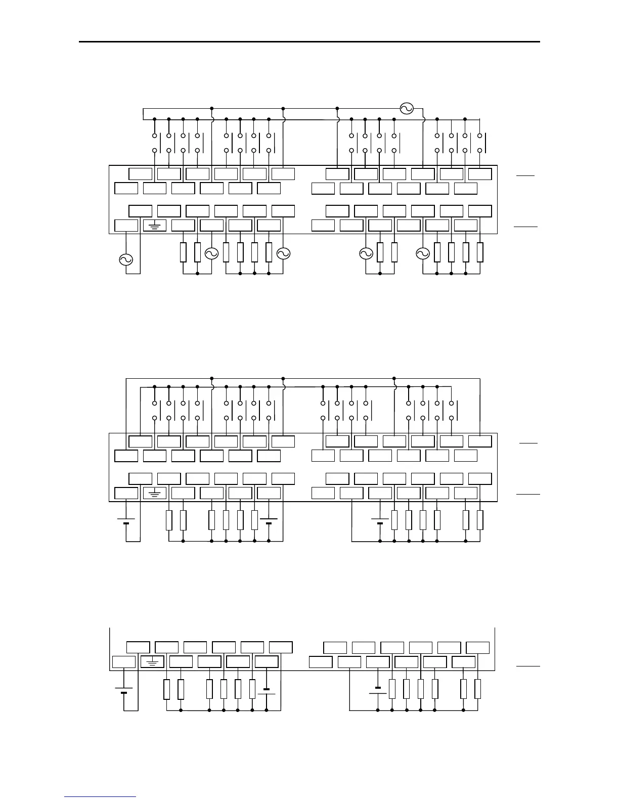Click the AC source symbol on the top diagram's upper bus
click(x=407, y=108)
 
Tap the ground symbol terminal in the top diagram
click(x=155, y=226)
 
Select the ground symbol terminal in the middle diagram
click(x=155, y=493)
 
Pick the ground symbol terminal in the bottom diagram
click(x=152, y=661)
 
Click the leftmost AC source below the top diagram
click(x=125, y=260)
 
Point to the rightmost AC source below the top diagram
click(x=423, y=253)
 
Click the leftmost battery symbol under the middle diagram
click(x=125, y=521)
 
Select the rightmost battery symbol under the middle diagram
click(x=380, y=521)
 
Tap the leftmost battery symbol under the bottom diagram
click(x=123, y=690)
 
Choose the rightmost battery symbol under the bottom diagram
click(x=378, y=690)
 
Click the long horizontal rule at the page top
click(x=309, y=42)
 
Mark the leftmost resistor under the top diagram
click(x=183, y=252)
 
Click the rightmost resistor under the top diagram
click(x=479, y=252)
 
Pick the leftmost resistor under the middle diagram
click(x=169, y=520)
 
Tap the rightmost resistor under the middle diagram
click(x=479, y=520)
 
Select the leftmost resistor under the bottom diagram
click(x=167, y=689)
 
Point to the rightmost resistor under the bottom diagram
click(x=477, y=689)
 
